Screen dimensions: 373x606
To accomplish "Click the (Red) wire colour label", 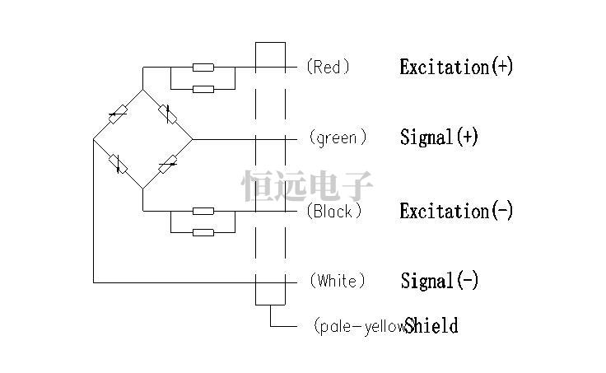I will [x=328, y=67].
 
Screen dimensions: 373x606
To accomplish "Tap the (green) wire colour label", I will [x=338, y=138].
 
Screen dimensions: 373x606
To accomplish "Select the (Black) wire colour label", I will [x=334, y=211].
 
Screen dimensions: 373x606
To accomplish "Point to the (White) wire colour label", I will [x=337, y=281].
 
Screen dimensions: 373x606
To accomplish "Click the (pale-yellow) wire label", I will [x=360, y=326].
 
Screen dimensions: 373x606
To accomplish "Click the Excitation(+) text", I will [x=456, y=67].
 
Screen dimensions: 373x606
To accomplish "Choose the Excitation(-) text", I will [x=456, y=211].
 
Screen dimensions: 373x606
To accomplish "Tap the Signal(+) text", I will [x=439, y=138].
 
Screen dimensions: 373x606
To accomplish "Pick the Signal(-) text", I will [x=439, y=281].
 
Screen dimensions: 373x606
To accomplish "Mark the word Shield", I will [x=432, y=326].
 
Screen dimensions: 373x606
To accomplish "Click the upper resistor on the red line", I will [x=203, y=67].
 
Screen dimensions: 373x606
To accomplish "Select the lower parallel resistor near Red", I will [x=203, y=88].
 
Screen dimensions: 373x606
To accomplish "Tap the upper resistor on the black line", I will [x=203, y=211].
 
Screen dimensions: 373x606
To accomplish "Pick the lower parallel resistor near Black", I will [x=203, y=232].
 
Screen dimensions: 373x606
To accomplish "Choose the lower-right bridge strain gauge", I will [x=167, y=164].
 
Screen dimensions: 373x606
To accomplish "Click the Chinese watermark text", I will [x=307, y=187].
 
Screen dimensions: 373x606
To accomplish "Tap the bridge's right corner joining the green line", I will [x=192, y=138].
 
